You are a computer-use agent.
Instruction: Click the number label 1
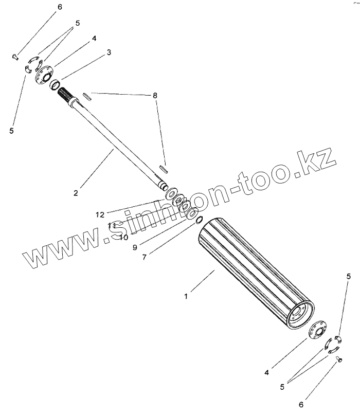click(x=187, y=296)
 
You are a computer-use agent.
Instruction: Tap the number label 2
click(x=76, y=193)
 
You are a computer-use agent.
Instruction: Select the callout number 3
click(x=109, y=52)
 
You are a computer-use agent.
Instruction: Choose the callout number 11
click(x=112, y=225)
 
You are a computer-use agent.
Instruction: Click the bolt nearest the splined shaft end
click(x=14, y=57)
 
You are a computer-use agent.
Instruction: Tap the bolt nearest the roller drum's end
click(x=339, y=360)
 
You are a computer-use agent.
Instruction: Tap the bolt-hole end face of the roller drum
click(x=300, y=314)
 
